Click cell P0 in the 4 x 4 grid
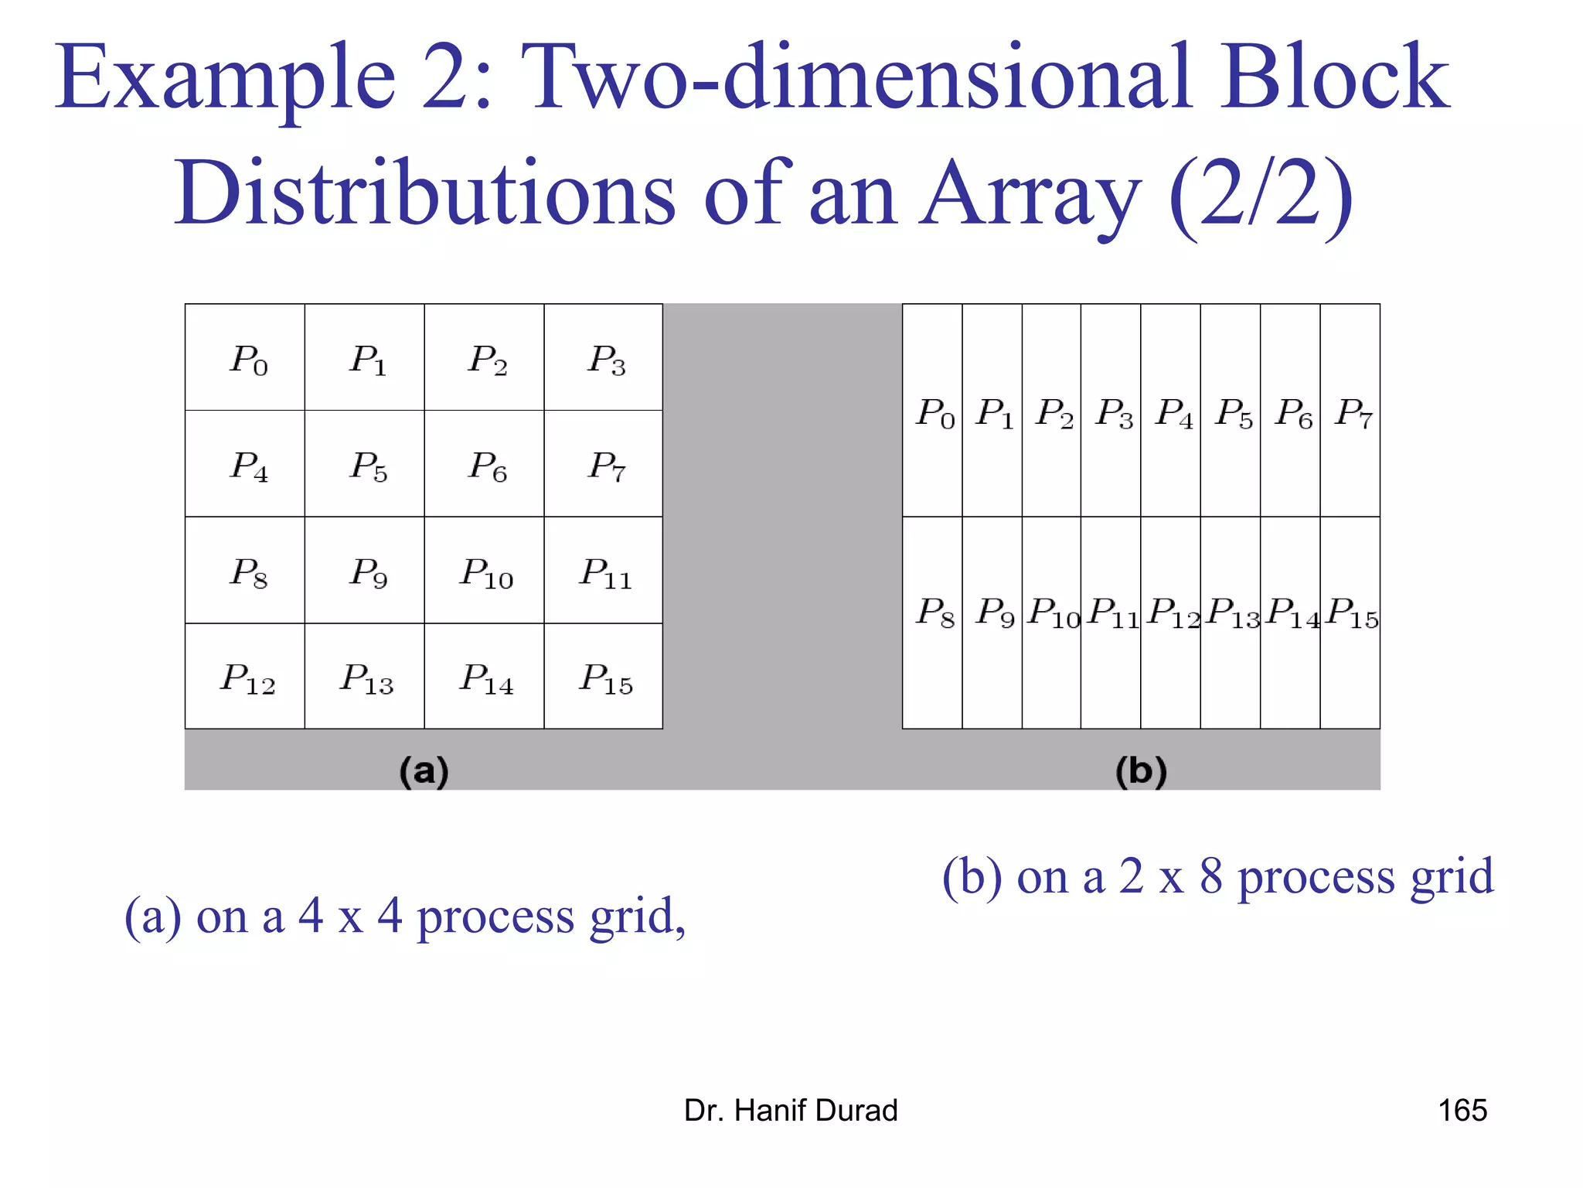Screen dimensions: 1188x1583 point(245,357)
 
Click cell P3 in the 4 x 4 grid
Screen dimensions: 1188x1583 point(604,357)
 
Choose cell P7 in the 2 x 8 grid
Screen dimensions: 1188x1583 point(1350,411)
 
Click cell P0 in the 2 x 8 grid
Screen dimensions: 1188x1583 point(932,411)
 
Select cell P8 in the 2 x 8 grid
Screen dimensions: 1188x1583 point(932,611)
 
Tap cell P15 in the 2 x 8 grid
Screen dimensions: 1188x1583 point(1350,611)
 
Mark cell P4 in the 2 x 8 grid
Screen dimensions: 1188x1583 point(1171,411)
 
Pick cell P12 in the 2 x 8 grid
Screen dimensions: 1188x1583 point(1171,611)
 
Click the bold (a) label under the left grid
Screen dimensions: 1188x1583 point(424,771)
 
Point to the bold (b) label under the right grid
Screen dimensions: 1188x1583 point(1141,771)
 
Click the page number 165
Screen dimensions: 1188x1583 point(1462,1110)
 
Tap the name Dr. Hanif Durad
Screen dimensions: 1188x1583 point(791,1110)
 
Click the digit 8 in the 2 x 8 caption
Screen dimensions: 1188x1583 point(1210,876)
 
